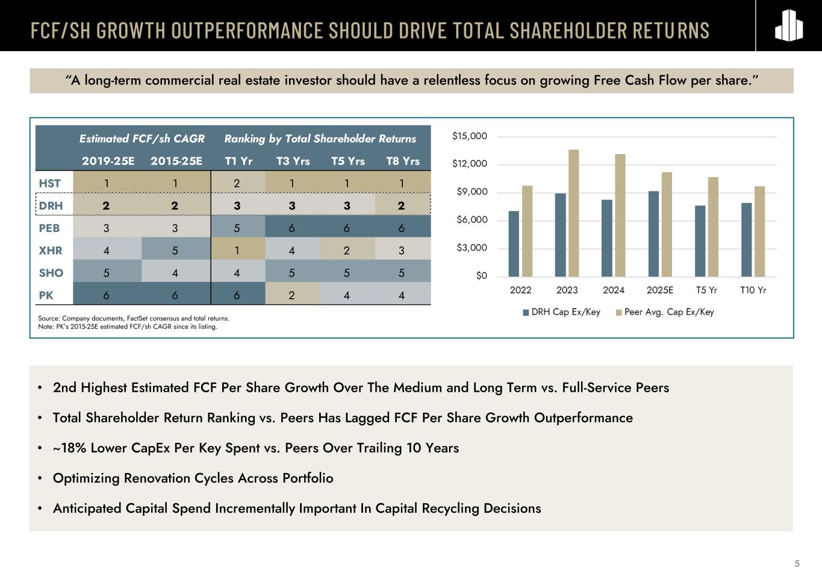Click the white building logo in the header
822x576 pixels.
pyautogui.click(x=788, y=26)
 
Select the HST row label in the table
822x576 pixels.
pyautogui.click(x=50, y=183)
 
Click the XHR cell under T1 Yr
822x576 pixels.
pyautogui.click(x=237, y=250)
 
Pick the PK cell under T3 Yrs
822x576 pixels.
pyautogui.click(x=292, y=295)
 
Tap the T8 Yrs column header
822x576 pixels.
pyautogui.click(x=402, y=161)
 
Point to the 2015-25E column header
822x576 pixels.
pyautogui.click(x=176, y=161)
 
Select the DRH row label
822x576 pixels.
pyautogui.click(x=51, y=205)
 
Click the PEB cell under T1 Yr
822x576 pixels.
pyautogui.click(x=237, y=228)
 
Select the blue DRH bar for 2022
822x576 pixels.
pyautogui.click(x=514, y=243)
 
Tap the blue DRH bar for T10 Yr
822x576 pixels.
pyautogui.click(x=746, y=240)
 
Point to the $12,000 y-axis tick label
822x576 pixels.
pyautogui.click(x=470, y=164)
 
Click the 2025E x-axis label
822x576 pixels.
pyautogui.click(x=660, y=290)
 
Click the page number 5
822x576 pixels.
pyautogui.click(x=797, y=564)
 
